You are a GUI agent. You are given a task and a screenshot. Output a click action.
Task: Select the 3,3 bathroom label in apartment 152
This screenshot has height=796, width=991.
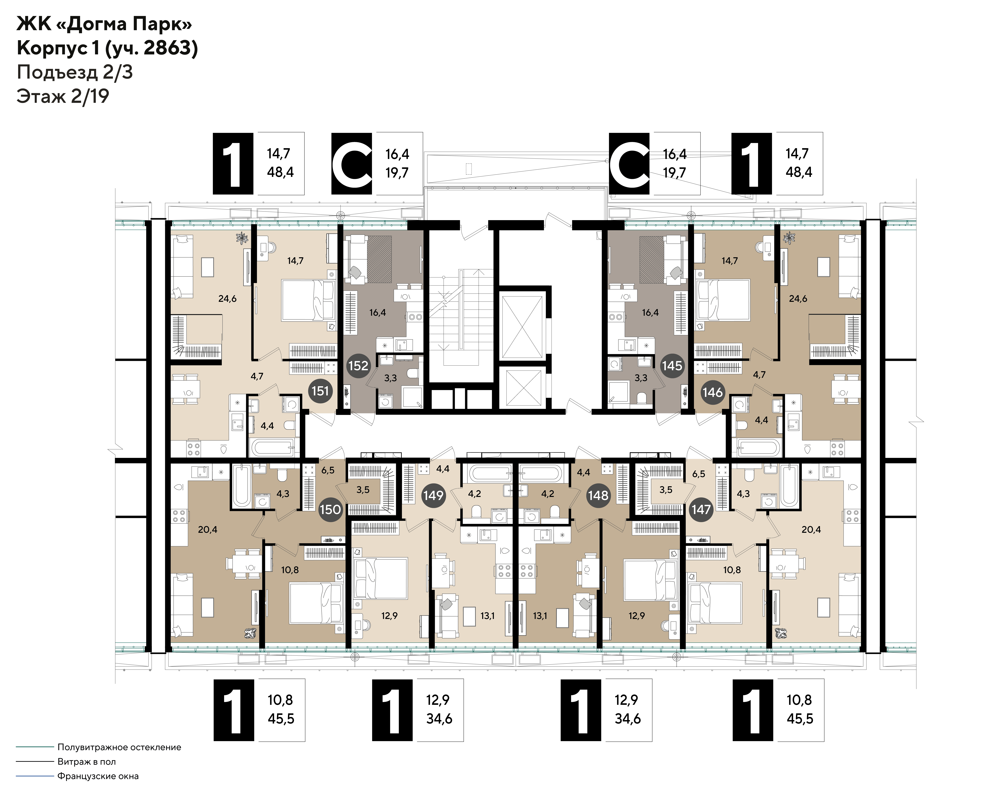tap(390, 378)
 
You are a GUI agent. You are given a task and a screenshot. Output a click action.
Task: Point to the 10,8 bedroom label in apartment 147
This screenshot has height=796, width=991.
tap(732, 570)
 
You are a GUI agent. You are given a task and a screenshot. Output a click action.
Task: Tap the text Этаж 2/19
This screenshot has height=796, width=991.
tap(63, 97)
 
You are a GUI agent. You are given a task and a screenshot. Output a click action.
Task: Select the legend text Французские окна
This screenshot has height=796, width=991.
tap(98, 776)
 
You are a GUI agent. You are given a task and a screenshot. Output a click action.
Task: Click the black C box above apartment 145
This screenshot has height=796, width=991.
tap(629, 163)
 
